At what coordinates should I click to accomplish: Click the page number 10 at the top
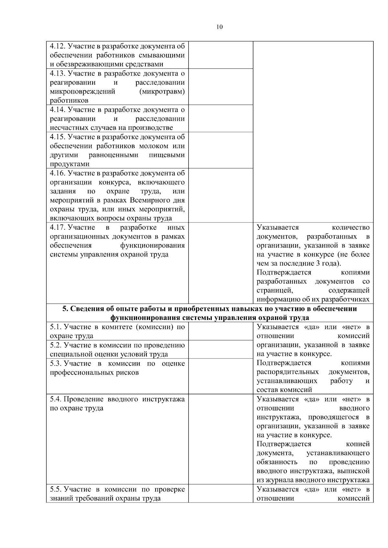click(x=219, y=27)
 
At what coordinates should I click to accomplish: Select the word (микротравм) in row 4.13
click(x=162, y=91)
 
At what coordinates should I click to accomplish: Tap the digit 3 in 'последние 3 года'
click(x=318, y=263)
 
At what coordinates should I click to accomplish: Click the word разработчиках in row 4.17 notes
click(x=348, y=299)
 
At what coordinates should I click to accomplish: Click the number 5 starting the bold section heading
click(x=64, y=309)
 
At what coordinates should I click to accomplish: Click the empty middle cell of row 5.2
click(x=221, y=350)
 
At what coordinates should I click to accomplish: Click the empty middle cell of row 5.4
click(x=221, y=439)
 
